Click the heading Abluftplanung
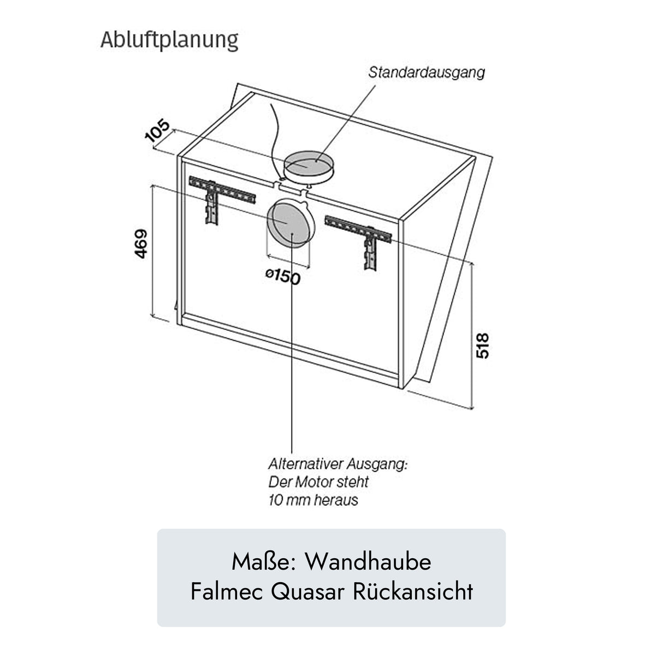click(169, 40)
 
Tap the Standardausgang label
click(426, 72)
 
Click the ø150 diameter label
click(283, 276)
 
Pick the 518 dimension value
click(483, 345)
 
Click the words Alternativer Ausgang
click(338, 464)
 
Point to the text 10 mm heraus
click(313, 500)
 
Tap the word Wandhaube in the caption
click(368, 562)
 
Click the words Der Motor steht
click(318, 482)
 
